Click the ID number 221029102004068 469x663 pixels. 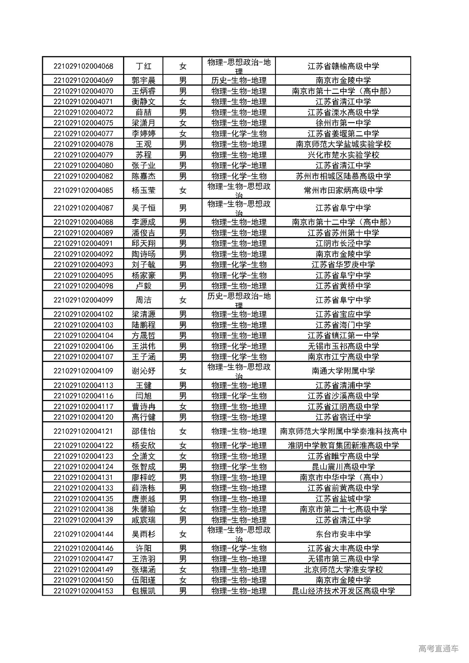[83, 66]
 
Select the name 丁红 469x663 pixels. [143, 66]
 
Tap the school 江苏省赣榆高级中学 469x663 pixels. [343, 66]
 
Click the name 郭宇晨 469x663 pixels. [143, 81]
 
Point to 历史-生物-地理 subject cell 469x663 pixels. [239, 81]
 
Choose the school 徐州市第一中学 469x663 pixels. [343, 123]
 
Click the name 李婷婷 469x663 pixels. [143, 134]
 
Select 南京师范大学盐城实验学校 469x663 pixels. [343, 144]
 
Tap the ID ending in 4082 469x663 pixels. [83, 176]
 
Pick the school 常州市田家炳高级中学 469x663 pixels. [343, 190]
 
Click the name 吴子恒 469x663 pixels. [143, 208]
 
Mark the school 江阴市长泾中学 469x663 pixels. [343, 244]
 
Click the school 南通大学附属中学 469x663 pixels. [343, 371]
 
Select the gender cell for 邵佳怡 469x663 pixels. [183, 431]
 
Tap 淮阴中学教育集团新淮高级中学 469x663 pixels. [343, 446]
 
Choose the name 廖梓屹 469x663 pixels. [143, 478]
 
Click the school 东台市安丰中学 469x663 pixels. [343, 534]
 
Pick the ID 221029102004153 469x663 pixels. [83, 591]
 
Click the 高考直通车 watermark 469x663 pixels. [438, 649]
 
